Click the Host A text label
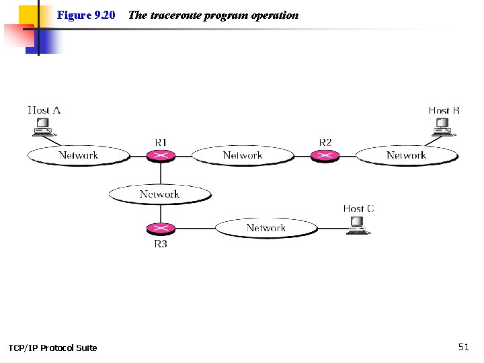[x=44, y=110]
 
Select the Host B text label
[x=444, y=110]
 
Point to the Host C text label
[x=358, y=208]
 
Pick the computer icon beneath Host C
[x=357, y=227]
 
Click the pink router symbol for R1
[x=161, y=156]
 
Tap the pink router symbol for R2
[x=325, y=156]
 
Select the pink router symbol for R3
[x=161, y=229]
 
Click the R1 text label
[x=161, y=142]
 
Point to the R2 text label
[x=325, y=142]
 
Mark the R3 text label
[x=161, y=244]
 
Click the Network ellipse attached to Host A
[x=78, y=156]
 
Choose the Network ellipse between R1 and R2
[x=243, y=156]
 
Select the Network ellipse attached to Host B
[x=406, y=156]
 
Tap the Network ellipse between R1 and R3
[x=159, y=194]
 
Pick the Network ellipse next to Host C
[x=266, y=229]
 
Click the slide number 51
[x=463, y=347]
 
